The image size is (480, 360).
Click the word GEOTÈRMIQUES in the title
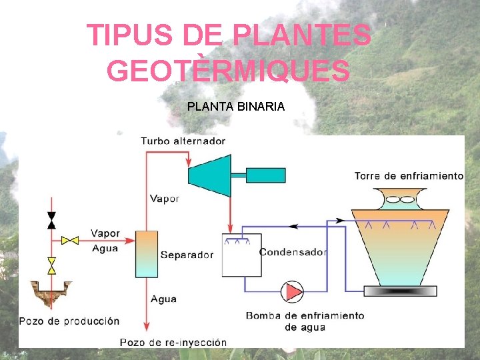click(228, 71)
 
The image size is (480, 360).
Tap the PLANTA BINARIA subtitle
click(236, 106)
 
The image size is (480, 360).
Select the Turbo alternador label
click(183, 141)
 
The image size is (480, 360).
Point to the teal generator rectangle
click(265, 175)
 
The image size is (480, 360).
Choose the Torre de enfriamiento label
click(409, 176)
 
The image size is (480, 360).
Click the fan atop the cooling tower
click(399, 199)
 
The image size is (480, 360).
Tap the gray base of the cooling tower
click(400, 291)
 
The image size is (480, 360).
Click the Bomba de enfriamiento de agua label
click(305, 321)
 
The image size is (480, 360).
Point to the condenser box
click(241, 255)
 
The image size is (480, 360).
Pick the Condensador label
click(293, 252)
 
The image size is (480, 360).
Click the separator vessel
click(146, 254)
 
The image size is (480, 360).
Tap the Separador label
click(187, 255)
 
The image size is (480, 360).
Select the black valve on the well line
click(51, 221)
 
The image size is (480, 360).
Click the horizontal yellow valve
click(70, 239)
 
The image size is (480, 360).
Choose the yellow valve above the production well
click(51, 266)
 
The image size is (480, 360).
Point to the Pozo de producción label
click(69, 321)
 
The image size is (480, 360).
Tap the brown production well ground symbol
click(51, 293)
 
